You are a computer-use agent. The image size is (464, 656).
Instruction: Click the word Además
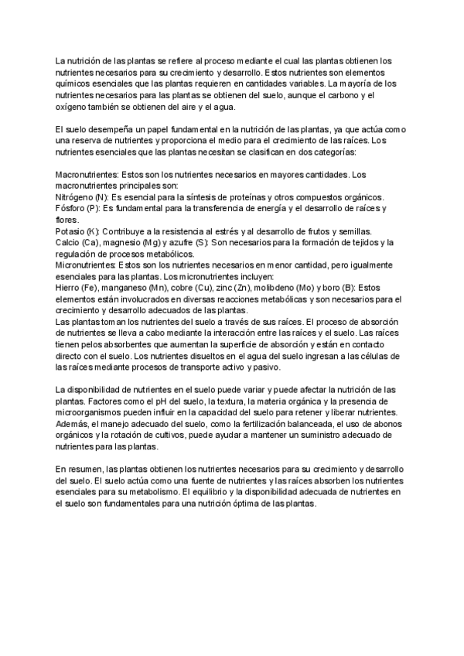coord(73,425)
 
